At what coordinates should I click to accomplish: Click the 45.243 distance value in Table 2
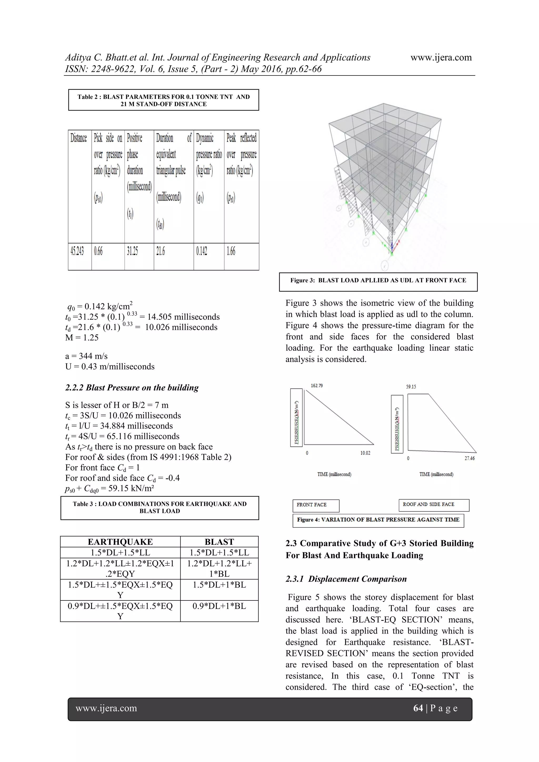[77, 251]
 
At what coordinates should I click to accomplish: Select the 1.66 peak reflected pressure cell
[231, 251]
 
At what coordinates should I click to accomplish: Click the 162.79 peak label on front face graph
[317, 386]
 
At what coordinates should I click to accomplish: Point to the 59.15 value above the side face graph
[411, 387]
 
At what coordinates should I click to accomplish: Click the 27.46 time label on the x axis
[469, 458]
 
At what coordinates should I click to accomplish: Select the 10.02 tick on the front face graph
[365, 453]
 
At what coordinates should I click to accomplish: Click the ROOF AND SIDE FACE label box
[433, 504]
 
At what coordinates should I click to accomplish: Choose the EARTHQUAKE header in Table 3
[120, 542]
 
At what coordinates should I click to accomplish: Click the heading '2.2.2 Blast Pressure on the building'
[132, 388]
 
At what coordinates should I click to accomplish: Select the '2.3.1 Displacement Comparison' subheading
[346, 579]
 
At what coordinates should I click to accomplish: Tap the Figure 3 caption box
[378, 281]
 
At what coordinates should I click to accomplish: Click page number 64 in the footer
[418, 708]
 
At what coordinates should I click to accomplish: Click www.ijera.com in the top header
[441, 57]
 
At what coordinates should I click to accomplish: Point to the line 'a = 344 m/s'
[86, 356]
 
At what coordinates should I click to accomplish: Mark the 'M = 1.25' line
[82, 338]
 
